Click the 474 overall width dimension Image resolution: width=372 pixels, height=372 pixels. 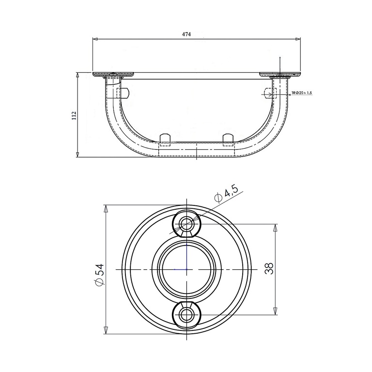click(186, 34)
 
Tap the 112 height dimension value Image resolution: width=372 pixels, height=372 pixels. click(74, 116)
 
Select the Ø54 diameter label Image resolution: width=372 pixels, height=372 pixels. click(99, 275)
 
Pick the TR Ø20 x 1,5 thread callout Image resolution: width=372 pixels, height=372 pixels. click(302, 93)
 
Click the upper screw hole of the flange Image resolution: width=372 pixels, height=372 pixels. click(186, 223)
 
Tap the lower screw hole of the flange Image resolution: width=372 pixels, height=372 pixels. click(186, 315)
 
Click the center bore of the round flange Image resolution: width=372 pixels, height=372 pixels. click(186, 269)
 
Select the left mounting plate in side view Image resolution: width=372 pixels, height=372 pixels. click(113, 75)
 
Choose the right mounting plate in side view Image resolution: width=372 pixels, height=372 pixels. click(280, 75)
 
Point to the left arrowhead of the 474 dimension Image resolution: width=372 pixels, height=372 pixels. click(95, 39)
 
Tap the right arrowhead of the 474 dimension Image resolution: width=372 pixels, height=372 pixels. click(298, 39)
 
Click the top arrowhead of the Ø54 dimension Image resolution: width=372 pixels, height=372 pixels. click(106, 209)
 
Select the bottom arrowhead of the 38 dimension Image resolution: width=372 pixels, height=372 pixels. click(275, 311)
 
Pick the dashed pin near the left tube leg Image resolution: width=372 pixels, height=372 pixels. click(123, 93)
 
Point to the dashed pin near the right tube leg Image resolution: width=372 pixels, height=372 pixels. click(270, 93)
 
